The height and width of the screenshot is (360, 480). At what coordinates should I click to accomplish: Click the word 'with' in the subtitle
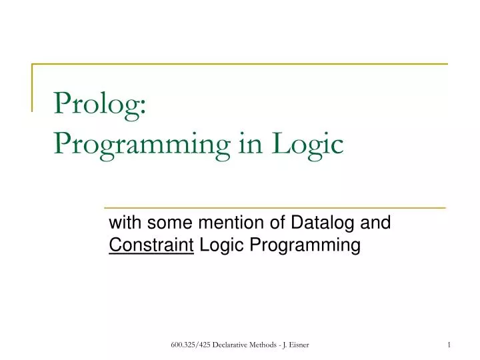tap(124, 223)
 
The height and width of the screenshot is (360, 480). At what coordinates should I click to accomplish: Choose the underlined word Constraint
tap(151, 246)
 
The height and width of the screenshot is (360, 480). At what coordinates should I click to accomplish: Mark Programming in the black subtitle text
tap(305, 246)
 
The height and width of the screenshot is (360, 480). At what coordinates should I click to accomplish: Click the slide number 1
tap(449, 343)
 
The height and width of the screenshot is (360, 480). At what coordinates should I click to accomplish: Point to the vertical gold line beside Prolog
tap(33, 87)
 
